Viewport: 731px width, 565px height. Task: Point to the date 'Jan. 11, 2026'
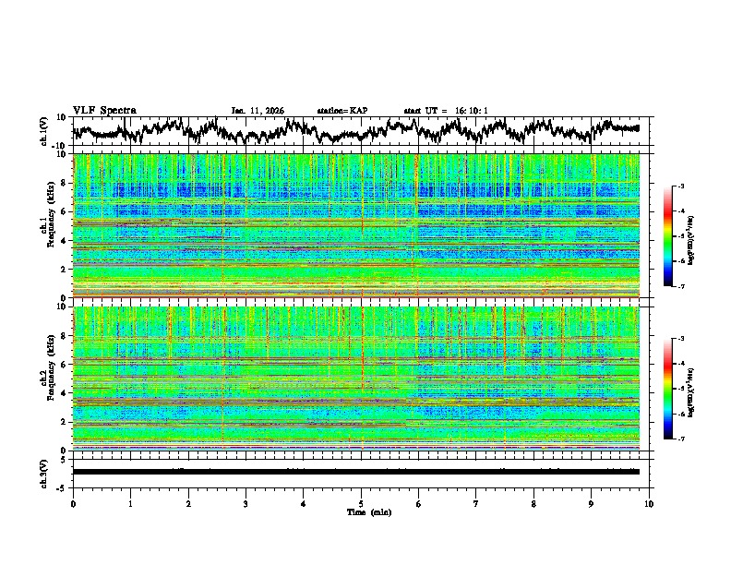[258, 111]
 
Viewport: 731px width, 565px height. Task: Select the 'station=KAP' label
[342, 111]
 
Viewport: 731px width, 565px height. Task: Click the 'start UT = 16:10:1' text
[446, 111]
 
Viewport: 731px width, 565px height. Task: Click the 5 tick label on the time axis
[361, 503]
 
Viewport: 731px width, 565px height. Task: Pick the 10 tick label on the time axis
[649, 503]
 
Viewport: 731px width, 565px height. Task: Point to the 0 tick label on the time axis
[73, 503]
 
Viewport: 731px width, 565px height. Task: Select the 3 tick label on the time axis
[246, 503]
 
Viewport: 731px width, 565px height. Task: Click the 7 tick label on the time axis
[476, 503]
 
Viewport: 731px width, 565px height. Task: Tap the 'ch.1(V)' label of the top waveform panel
[45, 131]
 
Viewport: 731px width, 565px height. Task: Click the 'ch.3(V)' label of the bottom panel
[45, 472]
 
